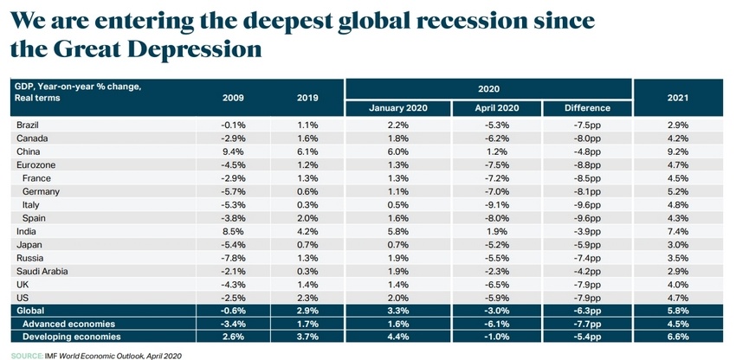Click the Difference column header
(587, 108)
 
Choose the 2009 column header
(234, 98)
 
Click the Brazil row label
(29, 125)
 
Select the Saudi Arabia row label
(42, 271)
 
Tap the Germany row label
(41, 191)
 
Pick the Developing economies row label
(72, 336)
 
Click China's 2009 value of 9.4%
(235, 151)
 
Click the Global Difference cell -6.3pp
(587, 310)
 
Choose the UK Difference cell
(587, 284)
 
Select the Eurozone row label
(36, 164)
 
